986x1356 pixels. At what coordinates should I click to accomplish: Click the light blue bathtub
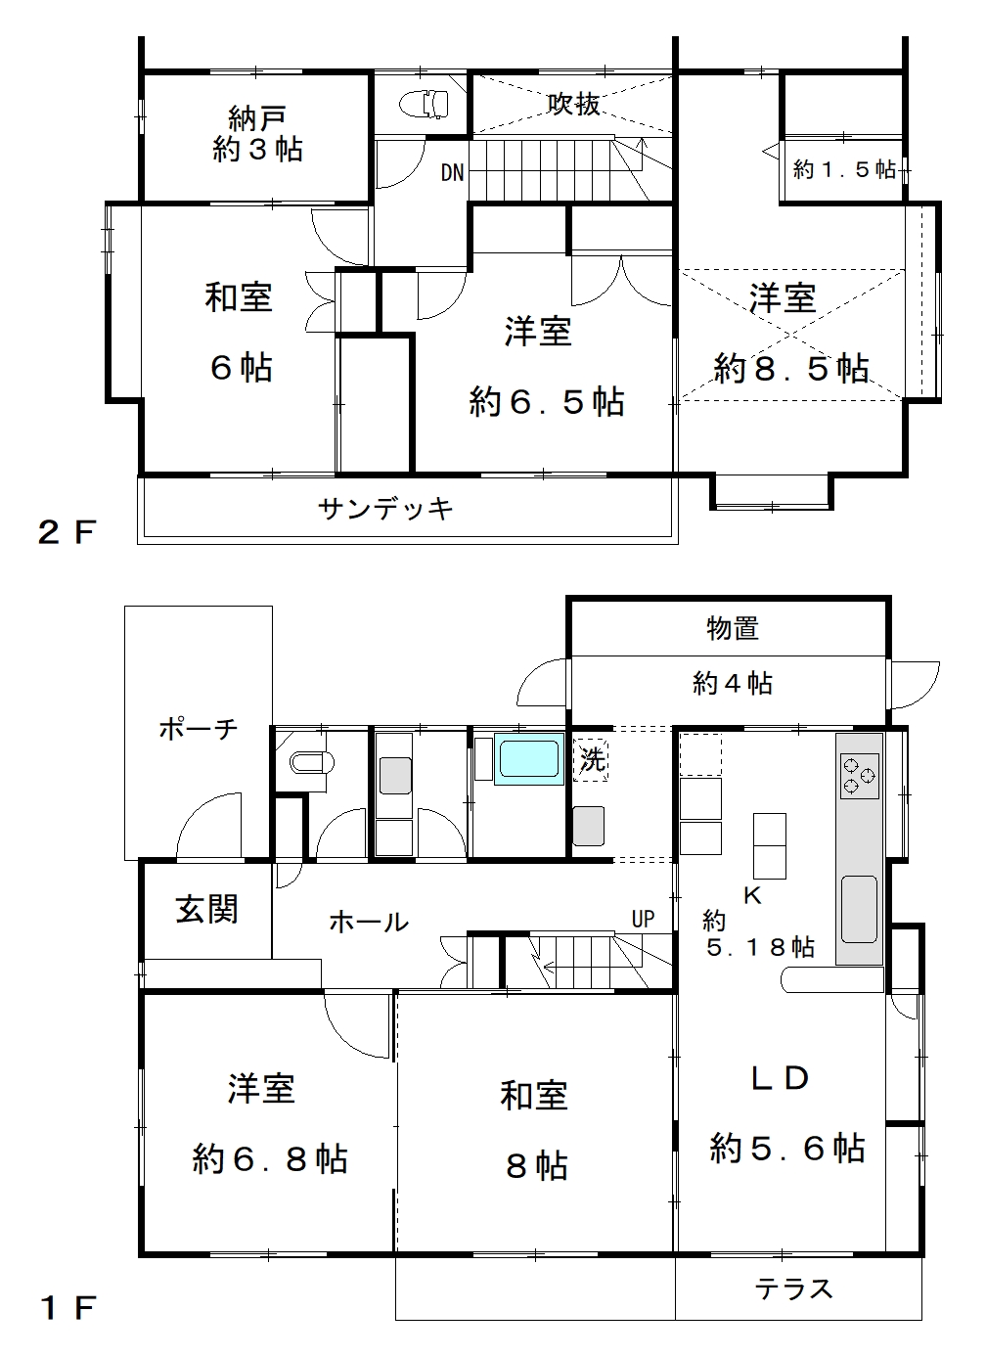pyautogui.click(x=529, y=759)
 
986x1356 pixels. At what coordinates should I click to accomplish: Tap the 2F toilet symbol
pyautogui.click(x=424, y=103)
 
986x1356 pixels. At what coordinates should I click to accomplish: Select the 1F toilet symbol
pyautogui.click(x=312, y=763)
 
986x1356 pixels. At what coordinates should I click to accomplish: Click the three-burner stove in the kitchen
pyautogui.click(x=860, y=776)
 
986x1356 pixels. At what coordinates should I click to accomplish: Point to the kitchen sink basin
pyautogui.click(x=859, y=909)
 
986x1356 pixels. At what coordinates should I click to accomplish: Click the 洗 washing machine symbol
pyautogui.click(x=591, y=759)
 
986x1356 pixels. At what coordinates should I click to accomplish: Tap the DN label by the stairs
pyautogui.click(x=452, y=173)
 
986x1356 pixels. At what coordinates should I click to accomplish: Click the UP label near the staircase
pyautogui.click(x=643, y=919)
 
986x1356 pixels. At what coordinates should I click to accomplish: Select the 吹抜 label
pyautogui.click(x=573, y=104)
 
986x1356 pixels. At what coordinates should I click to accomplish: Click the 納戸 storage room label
pyautogui.click(x=256, y=118)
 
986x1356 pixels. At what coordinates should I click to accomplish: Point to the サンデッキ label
pyautogui.click(x=385, y=509)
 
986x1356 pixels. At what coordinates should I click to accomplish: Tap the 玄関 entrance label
pyautogui.click(x=207, y=910)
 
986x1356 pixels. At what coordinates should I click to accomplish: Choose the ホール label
pyautogui.click(x=369, y=923)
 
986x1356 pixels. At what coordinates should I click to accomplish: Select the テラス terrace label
pyautogui.click(x=793, y=1289)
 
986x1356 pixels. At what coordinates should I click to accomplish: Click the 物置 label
pyautogui.click(x=733, y=628)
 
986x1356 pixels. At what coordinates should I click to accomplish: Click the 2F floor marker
pyautogui.click(x=67, y=532)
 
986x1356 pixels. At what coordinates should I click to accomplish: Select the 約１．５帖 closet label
pyautogui.click(x=844, y=169)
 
